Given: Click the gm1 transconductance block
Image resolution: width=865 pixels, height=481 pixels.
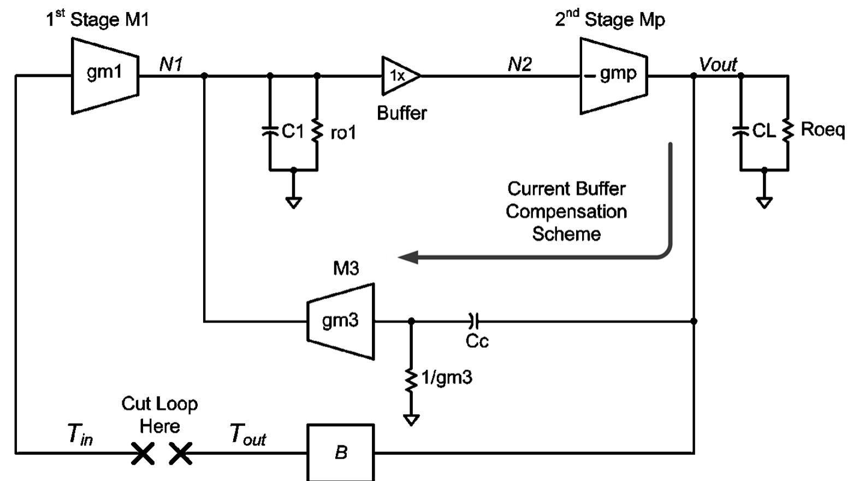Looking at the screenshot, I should click(105, 75).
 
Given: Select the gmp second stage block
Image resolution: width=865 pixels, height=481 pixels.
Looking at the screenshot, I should click(613, 75).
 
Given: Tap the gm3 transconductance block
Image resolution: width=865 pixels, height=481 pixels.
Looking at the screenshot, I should click(341, 321).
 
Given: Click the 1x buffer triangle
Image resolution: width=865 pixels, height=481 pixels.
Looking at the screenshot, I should click(399, 76).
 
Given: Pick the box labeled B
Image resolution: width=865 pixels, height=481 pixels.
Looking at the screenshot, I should click(341, 452).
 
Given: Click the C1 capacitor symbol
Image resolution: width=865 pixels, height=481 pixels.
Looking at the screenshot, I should click(270, 131).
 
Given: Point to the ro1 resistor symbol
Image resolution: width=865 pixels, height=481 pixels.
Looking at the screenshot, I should click(317, 131).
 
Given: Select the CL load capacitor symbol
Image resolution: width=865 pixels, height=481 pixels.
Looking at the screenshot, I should click(740, 131).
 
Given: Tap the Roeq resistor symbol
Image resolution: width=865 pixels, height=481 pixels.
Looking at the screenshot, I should click(787, 131).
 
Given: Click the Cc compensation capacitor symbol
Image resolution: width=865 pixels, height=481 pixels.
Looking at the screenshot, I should click(473, 321).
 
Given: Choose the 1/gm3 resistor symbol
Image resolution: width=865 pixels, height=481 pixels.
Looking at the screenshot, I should click(411, 379).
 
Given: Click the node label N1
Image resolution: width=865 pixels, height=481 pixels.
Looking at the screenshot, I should click(171, 64).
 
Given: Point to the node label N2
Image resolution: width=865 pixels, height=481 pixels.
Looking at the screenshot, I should click(519, 64).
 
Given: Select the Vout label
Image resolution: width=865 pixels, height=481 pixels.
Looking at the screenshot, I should click(718, 64).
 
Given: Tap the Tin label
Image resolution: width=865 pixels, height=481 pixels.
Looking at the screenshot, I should click(80, 434).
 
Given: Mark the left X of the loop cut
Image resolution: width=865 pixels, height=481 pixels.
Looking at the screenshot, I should click(143, 453).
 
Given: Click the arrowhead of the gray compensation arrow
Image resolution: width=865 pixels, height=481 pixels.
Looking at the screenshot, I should click(407, 257).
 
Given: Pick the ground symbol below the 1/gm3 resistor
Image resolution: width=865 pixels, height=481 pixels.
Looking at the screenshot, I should click(411, 420).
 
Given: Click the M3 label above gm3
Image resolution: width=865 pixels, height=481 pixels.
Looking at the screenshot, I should click(346, 268).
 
